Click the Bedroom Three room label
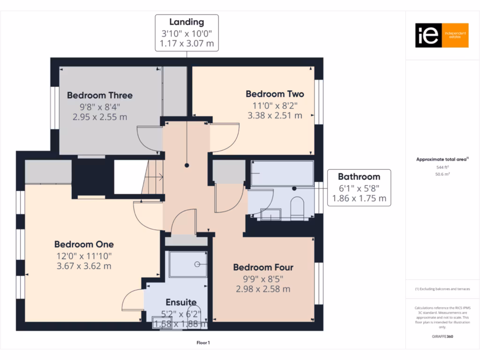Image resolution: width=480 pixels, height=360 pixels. click(x=99, y=95)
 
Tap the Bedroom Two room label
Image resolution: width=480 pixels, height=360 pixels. click(x=275, y=94)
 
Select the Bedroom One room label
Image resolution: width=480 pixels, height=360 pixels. click(x=84, y=244)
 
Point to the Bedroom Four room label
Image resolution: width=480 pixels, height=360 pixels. click(x=263, y=267)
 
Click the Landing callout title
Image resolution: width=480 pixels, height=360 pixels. click(x=187, y=22)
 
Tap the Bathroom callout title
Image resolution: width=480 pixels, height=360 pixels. click(x=359, y=177)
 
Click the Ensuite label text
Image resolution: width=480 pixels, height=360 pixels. click(x=181, y=302)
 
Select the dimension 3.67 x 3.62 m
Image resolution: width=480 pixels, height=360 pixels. click(x=84, y=266)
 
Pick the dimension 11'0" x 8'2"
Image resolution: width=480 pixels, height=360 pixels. click(x=275, y=105)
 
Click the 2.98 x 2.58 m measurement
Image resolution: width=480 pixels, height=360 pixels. click(x=263, y=289)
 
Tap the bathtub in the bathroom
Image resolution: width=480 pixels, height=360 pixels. click(x=282, y=174)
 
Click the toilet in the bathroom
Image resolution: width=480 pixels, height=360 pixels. click(x=297, y=208)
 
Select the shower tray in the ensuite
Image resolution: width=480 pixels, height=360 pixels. click(x=187, y=264)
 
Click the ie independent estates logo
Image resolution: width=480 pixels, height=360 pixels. click(x=442, y=35)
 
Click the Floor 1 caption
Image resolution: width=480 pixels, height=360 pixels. click(x=203, y=343)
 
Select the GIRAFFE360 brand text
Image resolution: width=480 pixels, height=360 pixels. click(x=442, y=336)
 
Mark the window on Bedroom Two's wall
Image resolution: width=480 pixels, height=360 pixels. click(x=319, y=102)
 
